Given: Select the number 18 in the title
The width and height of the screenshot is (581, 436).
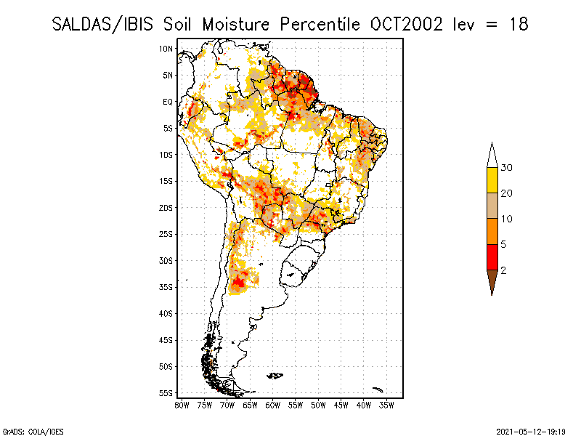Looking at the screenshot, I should (518, 24).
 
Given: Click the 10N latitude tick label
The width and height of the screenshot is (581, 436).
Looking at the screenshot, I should (166, 49).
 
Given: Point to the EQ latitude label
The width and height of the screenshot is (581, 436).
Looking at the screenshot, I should (168, 102).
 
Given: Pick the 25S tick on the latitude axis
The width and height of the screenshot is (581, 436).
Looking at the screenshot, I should (166, 234).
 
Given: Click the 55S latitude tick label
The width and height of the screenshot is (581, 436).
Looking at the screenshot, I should (166, 393).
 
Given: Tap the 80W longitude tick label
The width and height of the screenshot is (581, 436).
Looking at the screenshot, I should (182, 404).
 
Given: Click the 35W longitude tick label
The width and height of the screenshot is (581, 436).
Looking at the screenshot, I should (387, 404).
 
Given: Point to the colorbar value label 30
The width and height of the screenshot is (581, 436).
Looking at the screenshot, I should (507, 168).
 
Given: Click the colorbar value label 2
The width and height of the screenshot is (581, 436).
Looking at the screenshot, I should (503, 270).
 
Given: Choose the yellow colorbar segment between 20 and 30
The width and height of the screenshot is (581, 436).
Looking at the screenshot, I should (492, 180).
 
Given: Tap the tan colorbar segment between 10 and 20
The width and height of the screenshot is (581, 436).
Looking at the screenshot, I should (492, 206).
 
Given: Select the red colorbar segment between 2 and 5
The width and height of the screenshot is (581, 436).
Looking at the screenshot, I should (492, 257).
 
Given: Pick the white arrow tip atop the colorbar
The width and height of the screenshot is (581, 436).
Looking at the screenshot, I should (492, 155).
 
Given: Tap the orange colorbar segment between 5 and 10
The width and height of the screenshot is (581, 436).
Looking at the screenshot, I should (492, 231).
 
